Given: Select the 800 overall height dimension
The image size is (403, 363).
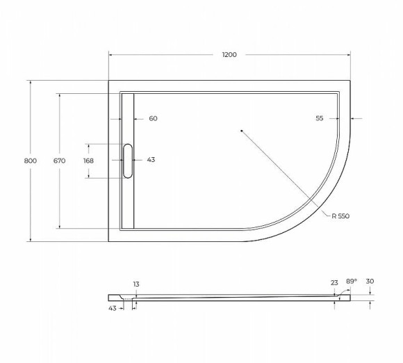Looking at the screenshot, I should [30, 161].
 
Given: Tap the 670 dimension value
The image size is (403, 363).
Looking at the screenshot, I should [59, 161].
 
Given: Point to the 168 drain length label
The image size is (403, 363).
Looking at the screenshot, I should [88, 161].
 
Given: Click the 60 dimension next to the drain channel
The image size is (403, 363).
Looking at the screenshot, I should [153, 118].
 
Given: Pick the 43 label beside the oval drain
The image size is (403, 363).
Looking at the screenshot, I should [151, 160].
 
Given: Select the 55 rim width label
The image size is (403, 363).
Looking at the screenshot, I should [320, 118].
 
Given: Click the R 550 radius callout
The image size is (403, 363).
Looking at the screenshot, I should [340, 216].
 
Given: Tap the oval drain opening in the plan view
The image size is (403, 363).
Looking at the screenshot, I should [128, 161].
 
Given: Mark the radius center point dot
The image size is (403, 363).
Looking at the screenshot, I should [240, 130].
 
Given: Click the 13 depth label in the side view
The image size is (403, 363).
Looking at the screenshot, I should [135, 284].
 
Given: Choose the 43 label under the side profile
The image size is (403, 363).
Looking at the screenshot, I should [112, 307].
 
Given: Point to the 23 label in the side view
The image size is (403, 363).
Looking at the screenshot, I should [334, 283].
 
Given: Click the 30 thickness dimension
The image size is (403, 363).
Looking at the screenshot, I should [370, 281].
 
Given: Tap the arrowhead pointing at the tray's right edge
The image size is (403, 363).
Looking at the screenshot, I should [353, 118].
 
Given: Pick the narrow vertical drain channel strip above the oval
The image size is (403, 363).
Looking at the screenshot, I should [128, 118].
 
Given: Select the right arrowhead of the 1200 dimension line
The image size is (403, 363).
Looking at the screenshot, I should [347, 55].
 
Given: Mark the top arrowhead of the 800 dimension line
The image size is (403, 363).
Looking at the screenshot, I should [30, 83].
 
